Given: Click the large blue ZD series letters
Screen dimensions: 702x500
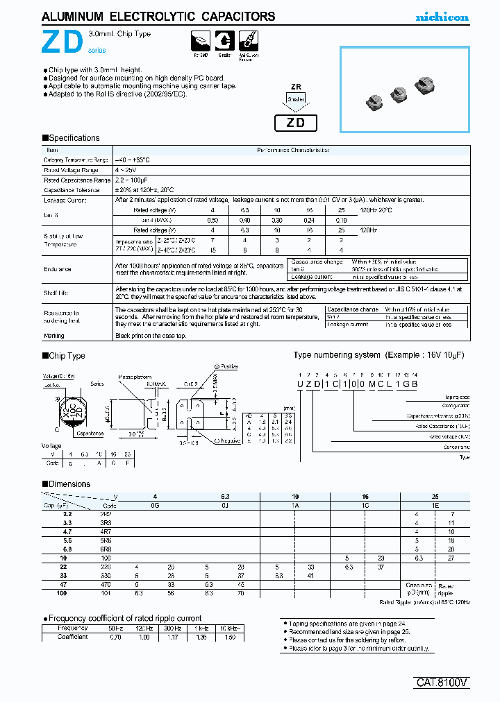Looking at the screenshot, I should point(65,44).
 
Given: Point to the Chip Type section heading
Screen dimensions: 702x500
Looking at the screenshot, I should point(67,356).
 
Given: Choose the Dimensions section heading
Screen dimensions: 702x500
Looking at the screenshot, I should point(69,484).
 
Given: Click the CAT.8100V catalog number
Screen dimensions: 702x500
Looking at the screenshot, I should point(444,683).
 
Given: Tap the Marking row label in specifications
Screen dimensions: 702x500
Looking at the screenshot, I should point(54,336).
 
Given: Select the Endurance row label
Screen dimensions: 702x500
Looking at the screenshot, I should point(58,269).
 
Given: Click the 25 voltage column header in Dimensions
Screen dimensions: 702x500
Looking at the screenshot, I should point(435,497).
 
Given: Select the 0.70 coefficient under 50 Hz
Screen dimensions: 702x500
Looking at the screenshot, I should point(116,636).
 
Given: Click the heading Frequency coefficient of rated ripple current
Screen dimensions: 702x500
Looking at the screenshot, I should point(125,617).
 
